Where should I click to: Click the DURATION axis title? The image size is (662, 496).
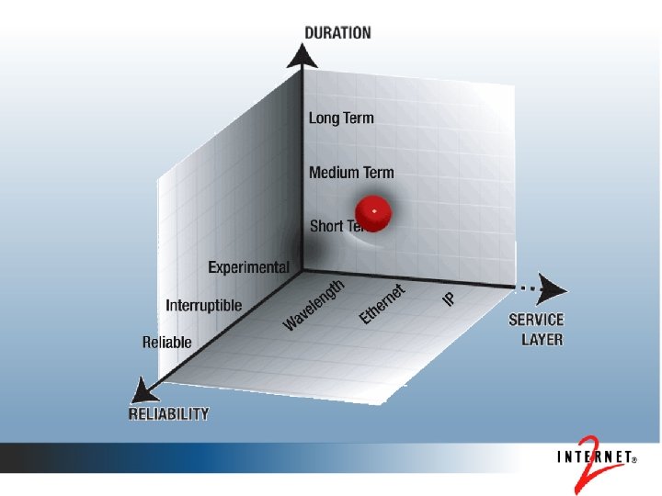(337, 33)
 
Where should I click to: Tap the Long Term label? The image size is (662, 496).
(341, 118)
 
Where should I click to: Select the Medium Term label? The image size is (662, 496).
(351, 172)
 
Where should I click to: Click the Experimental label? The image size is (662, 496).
(248, 267)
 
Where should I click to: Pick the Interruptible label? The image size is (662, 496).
(203, 305)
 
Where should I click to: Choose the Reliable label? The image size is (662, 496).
(167, 343)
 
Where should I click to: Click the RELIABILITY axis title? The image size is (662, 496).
(168, 414)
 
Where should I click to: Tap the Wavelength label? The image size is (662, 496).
(314, 304)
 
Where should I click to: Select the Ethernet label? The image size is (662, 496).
(382, 304)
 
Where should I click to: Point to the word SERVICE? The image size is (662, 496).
(536, 321)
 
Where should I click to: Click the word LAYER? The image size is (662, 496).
(542, 339)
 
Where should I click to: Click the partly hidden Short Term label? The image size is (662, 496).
(327, 226)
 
